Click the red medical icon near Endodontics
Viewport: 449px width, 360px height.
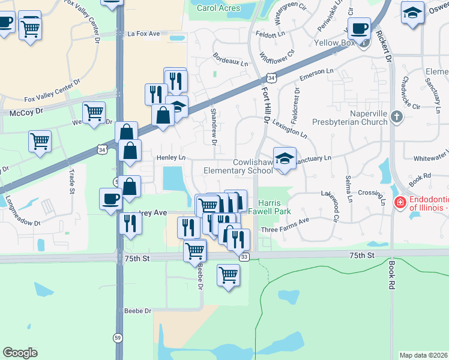(x=400, y=204)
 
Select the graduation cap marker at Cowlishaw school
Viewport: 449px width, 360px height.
(x=285, y=158)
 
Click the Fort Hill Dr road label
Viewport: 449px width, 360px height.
(x=265, y=106)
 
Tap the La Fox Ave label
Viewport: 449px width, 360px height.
(x=144, y=34)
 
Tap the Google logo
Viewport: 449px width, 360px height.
(x=20, y=353)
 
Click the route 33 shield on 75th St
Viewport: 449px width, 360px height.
(x=244, y=257)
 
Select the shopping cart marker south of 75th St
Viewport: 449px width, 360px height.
(x=228, y=275)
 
